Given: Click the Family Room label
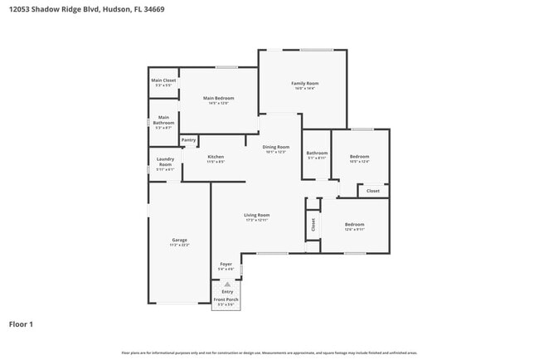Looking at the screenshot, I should [304, 83].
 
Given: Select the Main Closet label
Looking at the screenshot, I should [163, 80].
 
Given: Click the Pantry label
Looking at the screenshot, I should [188, 140].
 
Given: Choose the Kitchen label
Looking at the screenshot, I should [216, 157].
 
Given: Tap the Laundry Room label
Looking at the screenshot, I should [164, 161].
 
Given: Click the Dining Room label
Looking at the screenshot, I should [276, 147].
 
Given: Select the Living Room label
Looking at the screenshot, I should [256, 215].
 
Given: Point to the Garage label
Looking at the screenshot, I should [179, 240].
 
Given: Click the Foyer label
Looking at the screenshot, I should [226, 264].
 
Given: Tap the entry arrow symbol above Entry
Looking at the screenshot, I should [227, 284].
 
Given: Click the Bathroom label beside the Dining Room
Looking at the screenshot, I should [317, 153].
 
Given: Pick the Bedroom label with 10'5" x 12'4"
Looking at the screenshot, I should [359, 156].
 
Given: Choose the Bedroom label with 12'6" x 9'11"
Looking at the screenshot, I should [354, 224].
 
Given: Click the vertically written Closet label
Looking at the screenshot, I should [313, 224].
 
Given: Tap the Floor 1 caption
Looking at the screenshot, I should [21, 324].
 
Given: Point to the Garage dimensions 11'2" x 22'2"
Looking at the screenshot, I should [179, 246].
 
